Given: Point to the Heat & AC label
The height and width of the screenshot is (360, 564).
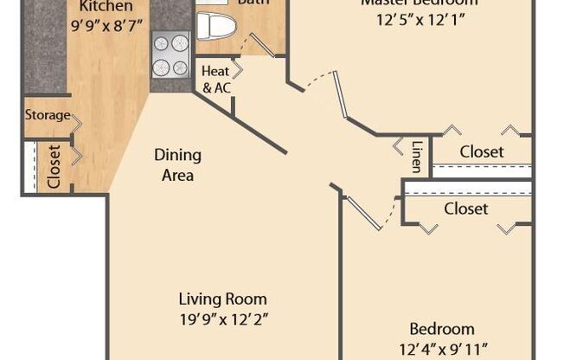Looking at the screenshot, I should tap(215, 79).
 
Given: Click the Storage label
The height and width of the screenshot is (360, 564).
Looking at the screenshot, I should tap(47, 115).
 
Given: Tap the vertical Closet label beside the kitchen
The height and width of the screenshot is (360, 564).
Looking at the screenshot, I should tap(54, 166).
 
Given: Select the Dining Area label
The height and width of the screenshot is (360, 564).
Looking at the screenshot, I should tap(177, 164).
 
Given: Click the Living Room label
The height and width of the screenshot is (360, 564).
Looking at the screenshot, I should tap(222, 299).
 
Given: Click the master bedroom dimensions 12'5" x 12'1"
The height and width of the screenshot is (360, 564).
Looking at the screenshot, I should tap(420, 20).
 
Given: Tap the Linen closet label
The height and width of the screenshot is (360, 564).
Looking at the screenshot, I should tap(417, 157).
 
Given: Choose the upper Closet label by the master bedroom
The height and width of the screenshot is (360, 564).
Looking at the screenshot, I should tap(481, 151).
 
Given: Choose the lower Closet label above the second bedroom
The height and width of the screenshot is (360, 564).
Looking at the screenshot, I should tap(465, 209).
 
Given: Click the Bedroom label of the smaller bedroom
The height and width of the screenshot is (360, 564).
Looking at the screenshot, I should tap(441, 329).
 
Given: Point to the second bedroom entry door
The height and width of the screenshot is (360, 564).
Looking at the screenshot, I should tap(363, 213).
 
